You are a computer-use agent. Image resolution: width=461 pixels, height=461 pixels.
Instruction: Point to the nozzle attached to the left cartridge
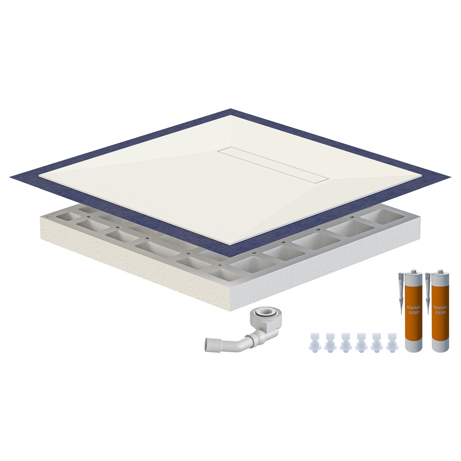coord(401,286)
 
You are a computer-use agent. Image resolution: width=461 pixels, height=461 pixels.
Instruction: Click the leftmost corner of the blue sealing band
coord(10,176)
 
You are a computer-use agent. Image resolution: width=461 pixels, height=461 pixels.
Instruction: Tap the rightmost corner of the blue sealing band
coord(452,177)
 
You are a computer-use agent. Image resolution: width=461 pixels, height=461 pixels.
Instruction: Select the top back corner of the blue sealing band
coord(231,109)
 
